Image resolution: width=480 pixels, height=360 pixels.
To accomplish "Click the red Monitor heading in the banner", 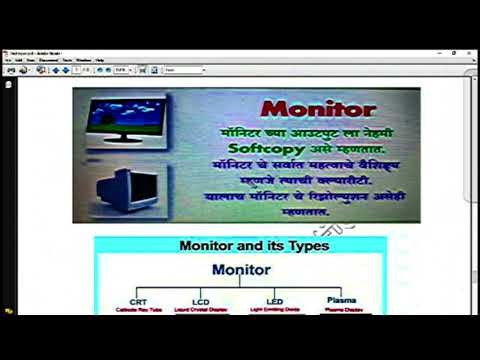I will click(318, 108).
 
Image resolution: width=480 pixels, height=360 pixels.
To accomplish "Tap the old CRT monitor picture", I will click(127, 187).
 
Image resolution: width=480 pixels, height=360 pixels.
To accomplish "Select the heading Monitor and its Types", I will click(241, 245).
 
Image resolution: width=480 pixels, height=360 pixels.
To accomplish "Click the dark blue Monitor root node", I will click(241, 270).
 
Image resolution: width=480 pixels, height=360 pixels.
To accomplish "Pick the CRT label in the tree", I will click(138, 301).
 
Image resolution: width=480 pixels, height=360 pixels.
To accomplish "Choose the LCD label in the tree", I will click(201, 301).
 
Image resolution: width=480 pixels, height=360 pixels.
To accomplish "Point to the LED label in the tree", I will click(275, 300).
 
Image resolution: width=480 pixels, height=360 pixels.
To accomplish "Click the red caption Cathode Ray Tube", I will click(138, 310).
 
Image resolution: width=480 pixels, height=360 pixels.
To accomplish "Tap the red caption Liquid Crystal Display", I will click(202, 310).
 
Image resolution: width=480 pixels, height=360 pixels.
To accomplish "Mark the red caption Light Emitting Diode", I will click(275, 310).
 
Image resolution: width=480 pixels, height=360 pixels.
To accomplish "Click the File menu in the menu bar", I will click(8, 60).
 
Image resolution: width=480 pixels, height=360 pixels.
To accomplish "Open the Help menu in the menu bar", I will click(100, 60).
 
